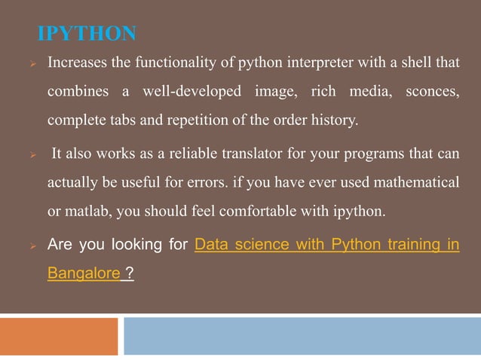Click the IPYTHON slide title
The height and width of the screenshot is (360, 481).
point(87,34)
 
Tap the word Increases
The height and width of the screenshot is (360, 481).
point(78,64)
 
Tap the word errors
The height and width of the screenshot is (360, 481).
point(249,184)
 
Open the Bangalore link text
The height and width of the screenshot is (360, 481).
point(83,274)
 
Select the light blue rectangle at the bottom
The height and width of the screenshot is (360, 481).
point(302,336)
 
